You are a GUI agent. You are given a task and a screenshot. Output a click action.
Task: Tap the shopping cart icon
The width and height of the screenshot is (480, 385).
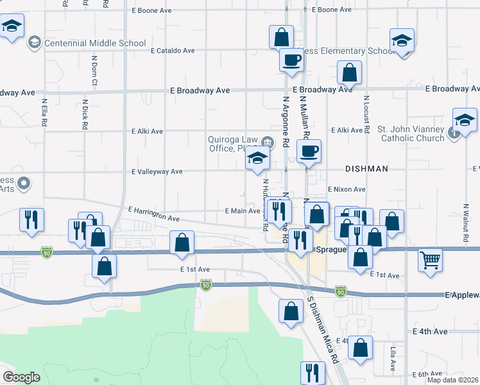(430, 261)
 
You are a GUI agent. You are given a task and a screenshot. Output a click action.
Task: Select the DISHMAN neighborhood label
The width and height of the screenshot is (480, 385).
(366, 169)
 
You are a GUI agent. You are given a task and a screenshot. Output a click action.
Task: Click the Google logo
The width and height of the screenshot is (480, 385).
(21, 377)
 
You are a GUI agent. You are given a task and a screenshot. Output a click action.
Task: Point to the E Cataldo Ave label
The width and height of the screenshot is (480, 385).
(172, 50)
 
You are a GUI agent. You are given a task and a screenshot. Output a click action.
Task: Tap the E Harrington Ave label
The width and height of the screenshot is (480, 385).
(153, 214)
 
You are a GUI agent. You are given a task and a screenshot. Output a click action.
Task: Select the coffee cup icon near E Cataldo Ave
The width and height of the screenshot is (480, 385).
(291, 60)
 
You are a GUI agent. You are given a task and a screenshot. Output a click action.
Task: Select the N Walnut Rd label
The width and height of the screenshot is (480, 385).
(465, 223)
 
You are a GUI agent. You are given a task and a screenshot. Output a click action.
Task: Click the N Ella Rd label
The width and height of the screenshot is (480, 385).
(45, 112)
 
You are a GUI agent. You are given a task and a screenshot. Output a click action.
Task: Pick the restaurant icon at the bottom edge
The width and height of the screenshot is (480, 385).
(312, 372)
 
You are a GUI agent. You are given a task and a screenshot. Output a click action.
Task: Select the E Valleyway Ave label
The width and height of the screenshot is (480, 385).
(157, 172)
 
